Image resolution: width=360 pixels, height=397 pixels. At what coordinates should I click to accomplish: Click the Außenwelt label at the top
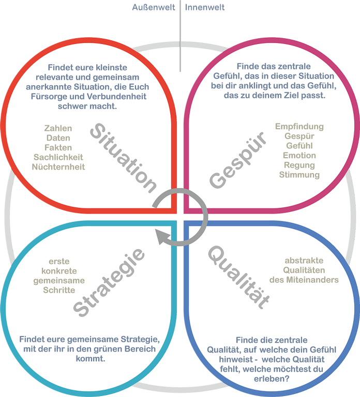pyautogui.click(x=154, y=8)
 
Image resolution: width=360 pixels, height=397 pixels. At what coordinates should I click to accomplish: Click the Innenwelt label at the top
pyautogui.click(x=205, y=8)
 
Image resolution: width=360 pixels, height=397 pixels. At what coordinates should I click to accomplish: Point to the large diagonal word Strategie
pyautogui.click(x=109, y=282)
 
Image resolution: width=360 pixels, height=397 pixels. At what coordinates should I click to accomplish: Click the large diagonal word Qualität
pyautogui.click(x=238, y=277)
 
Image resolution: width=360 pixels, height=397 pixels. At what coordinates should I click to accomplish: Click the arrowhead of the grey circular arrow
pyautogui.click(x=162, y=237)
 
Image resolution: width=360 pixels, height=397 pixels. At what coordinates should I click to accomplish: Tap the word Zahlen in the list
pyautogui.click(x=58, y=128)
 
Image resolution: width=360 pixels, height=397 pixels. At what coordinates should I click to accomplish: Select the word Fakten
pyautogui.click(x=58, y=147)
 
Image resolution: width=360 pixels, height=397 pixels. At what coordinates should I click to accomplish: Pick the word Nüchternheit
pyautogui.click(x=58, y=167)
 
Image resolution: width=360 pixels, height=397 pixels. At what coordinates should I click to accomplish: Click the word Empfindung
pyautogui.click(x=299, y=127)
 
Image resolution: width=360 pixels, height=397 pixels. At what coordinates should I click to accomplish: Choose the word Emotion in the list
pyautogui.click(x=299, y=156)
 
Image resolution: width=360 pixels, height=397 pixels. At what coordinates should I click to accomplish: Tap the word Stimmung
pyautogui.click(x=299, y=175)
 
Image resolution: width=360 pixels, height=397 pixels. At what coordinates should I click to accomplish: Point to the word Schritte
pyautogui.click(x=59, y=290)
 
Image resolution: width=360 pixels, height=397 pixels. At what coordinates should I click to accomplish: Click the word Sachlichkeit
pyautogui.click(x=58, y=157)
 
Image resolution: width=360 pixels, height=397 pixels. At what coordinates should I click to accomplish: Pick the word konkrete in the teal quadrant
pyautogui.click(x=59, y=271)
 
